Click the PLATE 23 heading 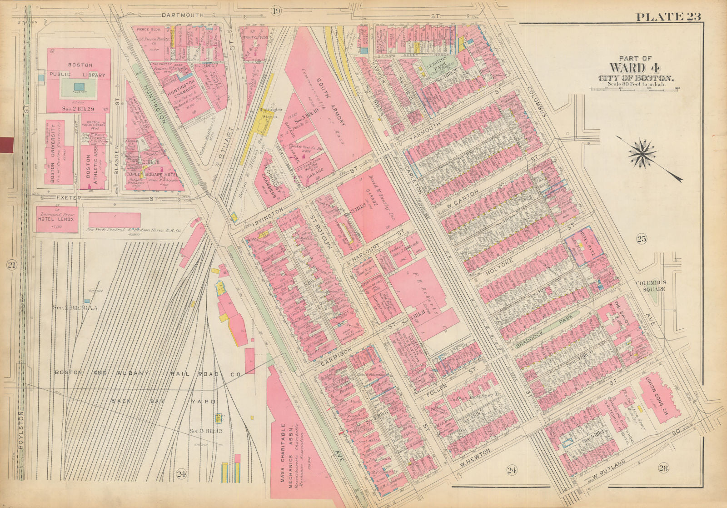(668, 17)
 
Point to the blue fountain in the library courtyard (79, 86)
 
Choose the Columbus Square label (651, 286)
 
